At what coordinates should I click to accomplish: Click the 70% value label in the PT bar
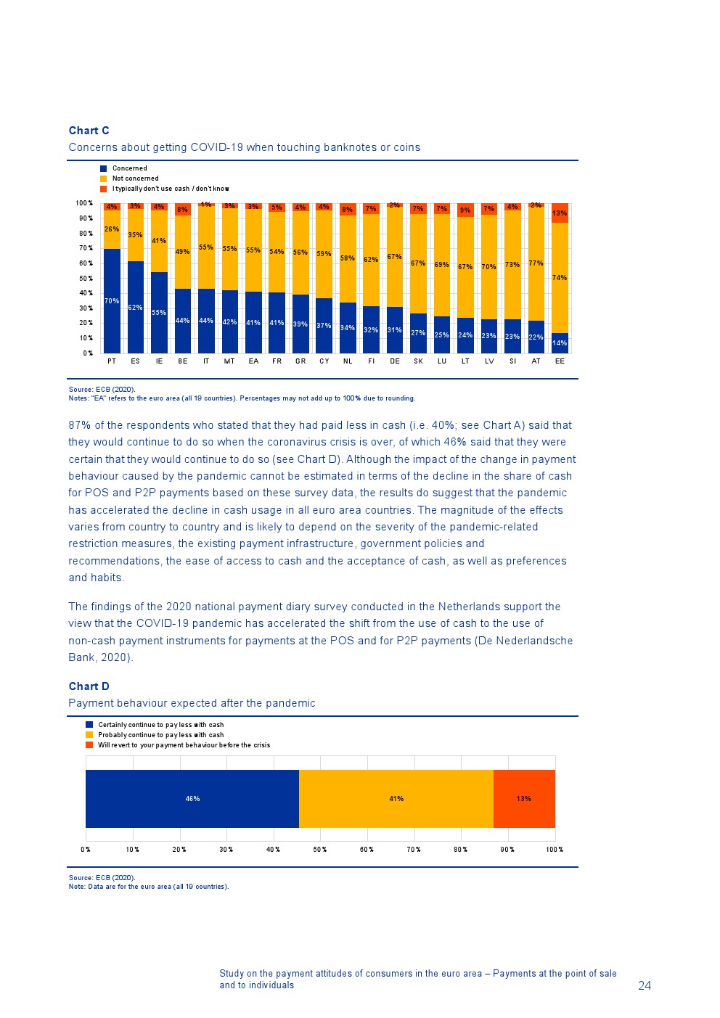112,301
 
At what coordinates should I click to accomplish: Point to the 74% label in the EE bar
560,278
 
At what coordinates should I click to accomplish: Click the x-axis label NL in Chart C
348,361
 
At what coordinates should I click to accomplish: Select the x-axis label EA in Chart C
253,361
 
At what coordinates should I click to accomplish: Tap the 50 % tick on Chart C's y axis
86,279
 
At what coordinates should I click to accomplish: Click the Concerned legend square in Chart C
104,168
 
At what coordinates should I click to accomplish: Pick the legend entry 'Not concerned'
135,178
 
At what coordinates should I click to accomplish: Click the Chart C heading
89,131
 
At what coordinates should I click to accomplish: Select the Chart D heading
89,686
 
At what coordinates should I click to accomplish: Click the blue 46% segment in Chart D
192,799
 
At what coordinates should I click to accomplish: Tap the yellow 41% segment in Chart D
396,799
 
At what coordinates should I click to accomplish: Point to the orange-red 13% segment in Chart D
524,799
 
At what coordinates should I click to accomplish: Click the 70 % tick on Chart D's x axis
414,850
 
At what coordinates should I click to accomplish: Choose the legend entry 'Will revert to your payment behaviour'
184,745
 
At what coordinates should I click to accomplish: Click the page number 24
645,985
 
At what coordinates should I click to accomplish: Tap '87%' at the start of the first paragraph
80,425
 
